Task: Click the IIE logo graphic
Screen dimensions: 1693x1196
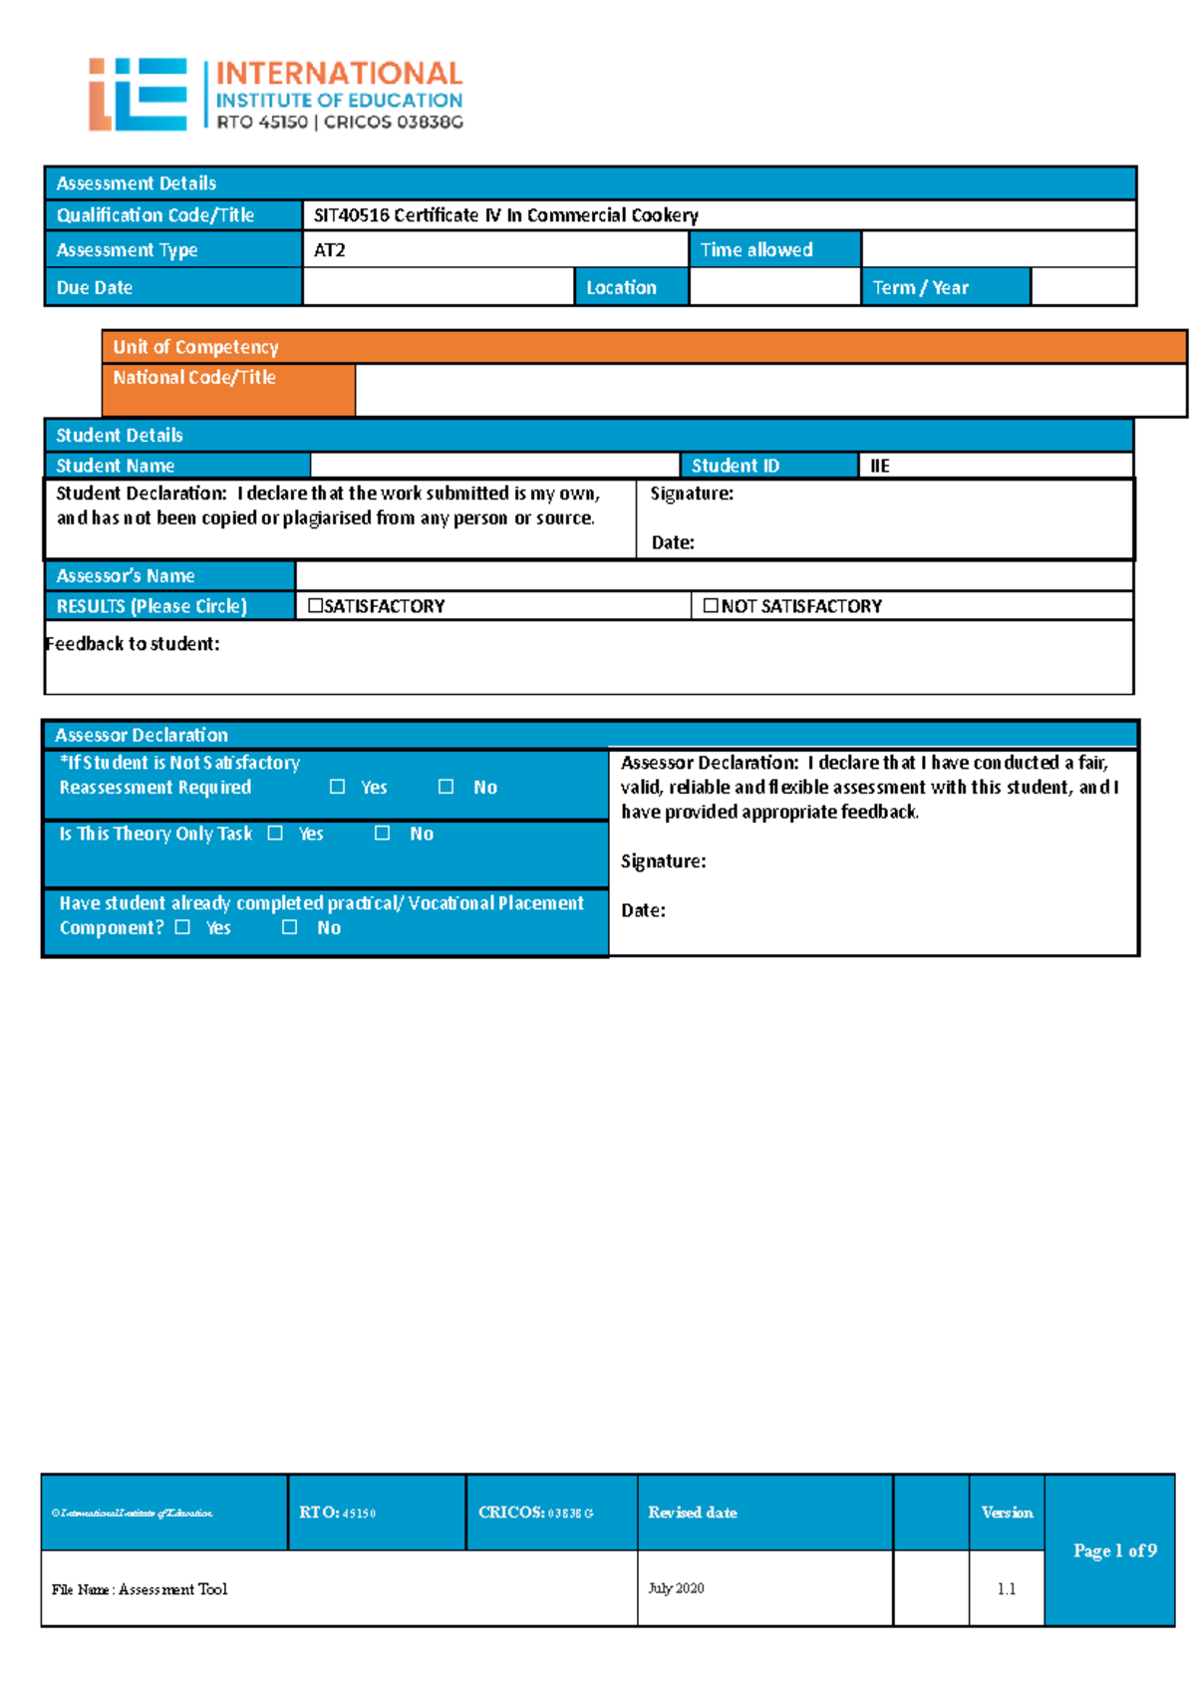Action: pyautogui.click(x=138, y=94)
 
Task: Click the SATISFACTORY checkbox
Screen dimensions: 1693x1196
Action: pyautogui.click(x=316, y=605)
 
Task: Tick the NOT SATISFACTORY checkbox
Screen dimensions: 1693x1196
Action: pyautogui.click(x=711, y=605)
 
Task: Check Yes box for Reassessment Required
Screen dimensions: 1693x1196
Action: pyautogui.click(x=338, y=787)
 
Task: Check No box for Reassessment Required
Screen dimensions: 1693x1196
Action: pyautogui.click(x=447, y=787)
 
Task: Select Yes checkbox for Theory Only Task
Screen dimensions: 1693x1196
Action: pyautogui.click(x=275, y=833)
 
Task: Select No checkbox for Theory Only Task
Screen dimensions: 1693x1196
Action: pyautogui.click(x=382, y=833)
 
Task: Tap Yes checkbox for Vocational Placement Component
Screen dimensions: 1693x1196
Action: pyautogui.click(x=182, y=926)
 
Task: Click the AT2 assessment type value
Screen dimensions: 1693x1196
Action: pyautogui.click(x=330, y=250)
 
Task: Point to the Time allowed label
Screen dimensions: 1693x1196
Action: pyautogui.click(x=756, y=250)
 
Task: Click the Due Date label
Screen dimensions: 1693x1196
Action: pyautogui.click(x=95, y=287)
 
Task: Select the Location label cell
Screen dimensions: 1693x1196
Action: pyautogui.click(x=621, y=287)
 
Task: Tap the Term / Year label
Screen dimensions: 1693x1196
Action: pyautogui.click(x=920, y=287)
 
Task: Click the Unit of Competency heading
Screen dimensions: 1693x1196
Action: pyautogui.click(x=195, y=347)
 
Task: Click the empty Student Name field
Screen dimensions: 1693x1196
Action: pyautogui.click(x=493, y=465)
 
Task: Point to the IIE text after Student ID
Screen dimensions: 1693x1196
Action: pyautogui.click(x=880, y=466)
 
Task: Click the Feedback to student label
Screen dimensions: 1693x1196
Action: pyautogui.click(x=133, y=643)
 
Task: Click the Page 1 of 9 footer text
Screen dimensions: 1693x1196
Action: pyautogui.click(x=1114, y=1550)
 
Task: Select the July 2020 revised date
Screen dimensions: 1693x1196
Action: pyautogui.click(x=677, y=1588)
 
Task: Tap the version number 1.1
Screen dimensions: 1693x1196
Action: pyautogui.click(x=1007, y=1588)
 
